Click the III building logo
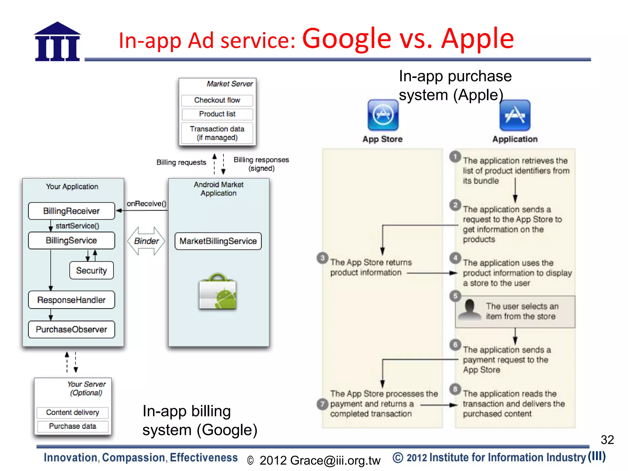[57, 42]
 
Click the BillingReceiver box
[71, 211]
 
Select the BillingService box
[71, 240]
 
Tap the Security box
[91, 270]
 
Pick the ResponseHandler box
[71, 300]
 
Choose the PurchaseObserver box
[71, 329]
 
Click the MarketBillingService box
[218, 241]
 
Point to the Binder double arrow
[146, 241]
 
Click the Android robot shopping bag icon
[218, 292]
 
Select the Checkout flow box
[217, 100]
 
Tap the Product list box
[217, 114]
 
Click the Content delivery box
[73, 412]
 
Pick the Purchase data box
[73, 426]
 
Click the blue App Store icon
[383, 115]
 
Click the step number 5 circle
[455, 296]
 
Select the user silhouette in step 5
[469, 310]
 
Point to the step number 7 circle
[322, 404]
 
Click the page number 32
[607, 440]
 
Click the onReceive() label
[146, 204]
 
